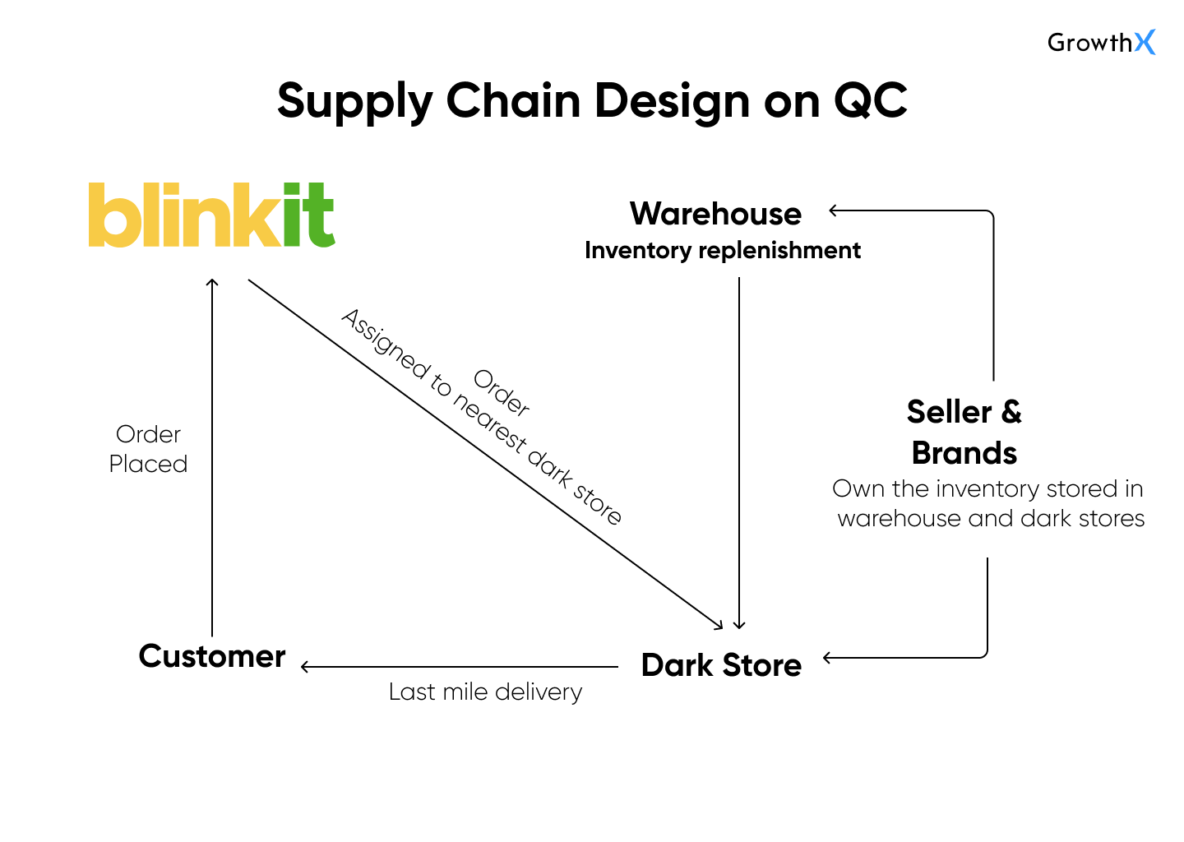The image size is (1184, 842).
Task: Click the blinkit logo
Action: point(211,215)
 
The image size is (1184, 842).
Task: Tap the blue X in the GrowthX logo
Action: point(1145,42)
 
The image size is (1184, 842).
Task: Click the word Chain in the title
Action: point(513,100)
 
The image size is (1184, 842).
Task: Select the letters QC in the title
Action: point(870,100)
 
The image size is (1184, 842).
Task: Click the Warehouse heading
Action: point(715,214)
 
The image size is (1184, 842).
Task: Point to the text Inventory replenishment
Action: point(723,251)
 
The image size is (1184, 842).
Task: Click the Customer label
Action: point(212,656)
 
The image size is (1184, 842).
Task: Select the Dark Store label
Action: point(722,664)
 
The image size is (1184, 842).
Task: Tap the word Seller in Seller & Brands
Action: point(950,412)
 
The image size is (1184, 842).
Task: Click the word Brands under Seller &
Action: point(964,453)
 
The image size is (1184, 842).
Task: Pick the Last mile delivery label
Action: point(485,692)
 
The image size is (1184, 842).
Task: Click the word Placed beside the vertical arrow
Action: point(148,464)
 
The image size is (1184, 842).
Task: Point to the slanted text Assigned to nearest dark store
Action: point(481,418)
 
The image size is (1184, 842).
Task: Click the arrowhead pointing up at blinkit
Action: point(212,282)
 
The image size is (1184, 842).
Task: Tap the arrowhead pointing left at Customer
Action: point(305,667)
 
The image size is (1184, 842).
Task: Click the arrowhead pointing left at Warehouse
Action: point(834,210)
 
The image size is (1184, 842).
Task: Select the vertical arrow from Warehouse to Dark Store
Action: point(739,453)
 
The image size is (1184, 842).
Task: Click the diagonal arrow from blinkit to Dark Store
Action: point(485,455)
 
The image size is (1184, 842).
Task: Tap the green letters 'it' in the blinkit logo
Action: point(309,215)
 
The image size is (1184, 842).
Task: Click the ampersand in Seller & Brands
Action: point(1011,412)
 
